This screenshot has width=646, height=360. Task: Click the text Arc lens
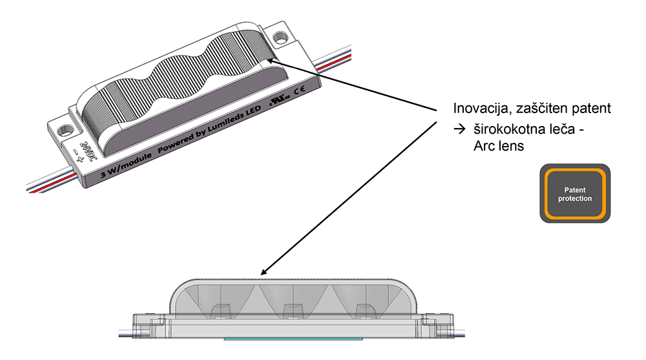coord(499,146)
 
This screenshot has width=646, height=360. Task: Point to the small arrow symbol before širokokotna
coord(459,129)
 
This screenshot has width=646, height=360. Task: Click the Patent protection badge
coord(575,193)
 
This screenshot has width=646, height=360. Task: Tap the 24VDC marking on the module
coord(86,151)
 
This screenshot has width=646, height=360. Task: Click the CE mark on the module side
coord(300,89)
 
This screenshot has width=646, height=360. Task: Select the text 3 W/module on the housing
coord(126,165)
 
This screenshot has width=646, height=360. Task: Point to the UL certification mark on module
coord(280,100)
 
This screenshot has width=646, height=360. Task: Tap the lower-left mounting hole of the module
coord(65,131)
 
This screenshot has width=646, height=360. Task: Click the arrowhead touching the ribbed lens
coord(271,61)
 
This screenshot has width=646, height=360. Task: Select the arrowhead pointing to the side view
coord(265,271)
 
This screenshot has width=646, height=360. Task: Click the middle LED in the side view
coord(292,311)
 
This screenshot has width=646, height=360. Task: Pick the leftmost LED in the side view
coord(221,311)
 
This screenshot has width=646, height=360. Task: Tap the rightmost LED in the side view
coord(363,311)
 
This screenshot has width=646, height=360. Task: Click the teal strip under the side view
coord(293,339)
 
